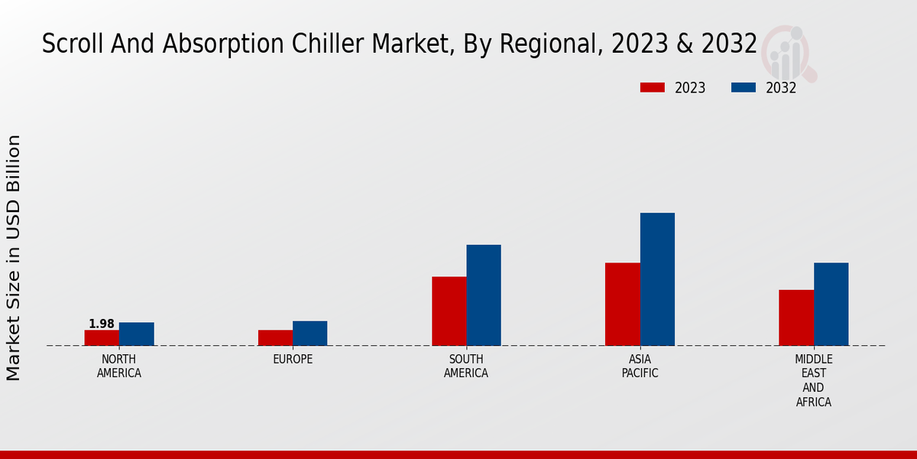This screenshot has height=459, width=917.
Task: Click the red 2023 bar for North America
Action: pos(102,337)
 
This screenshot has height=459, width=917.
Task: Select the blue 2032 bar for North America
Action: pos(136,334)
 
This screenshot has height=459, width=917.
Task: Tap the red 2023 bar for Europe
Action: pos(275,337)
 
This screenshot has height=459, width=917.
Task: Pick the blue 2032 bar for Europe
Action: pos(309,333)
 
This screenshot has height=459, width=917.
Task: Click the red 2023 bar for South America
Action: pos(449,311)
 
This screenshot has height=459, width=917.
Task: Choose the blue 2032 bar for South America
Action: pos(484,295)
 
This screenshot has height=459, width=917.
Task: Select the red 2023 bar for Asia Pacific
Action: pos(622,304)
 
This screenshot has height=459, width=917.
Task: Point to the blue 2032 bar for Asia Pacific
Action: pos(657,278)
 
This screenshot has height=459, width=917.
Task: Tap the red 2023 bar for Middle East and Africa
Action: pos(795,317)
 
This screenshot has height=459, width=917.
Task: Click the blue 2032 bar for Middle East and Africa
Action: pos(831,304)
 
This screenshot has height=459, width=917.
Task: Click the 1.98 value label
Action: pos(102,324)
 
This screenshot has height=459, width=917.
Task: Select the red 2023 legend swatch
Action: pos(652,87)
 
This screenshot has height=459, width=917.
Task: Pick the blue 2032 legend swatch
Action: pos(743,87)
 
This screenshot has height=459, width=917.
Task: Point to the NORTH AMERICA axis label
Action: pos(119,366)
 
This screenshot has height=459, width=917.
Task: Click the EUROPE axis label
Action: pos(293,359)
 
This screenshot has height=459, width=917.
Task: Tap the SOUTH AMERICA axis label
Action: pos(466,366)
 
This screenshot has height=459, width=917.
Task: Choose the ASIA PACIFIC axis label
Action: pos(640,366)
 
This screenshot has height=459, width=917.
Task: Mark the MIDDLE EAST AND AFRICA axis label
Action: pos(813,380)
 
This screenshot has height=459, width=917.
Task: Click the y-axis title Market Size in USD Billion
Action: pos(14,257)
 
